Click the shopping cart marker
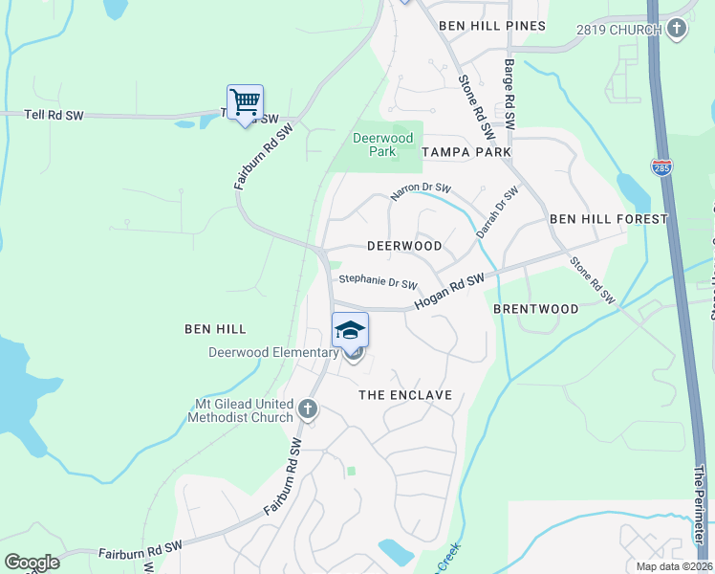[x=245, y=101]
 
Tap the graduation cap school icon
[x=350, y=330]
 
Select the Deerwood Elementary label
[x=273, y=352]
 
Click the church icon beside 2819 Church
[x=677, y=29]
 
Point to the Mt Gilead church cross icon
[x=308, y=409]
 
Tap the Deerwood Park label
[x=382, y=144]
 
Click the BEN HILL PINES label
[x=492, y=26]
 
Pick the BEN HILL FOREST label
[x=608, y=219]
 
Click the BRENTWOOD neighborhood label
[x=535, y=309]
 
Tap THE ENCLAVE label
[x=404, y=394]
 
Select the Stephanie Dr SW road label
[x=379, y=282]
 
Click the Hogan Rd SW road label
[x=449, y=291]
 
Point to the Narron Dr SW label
[x=420, y=193]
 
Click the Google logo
[x=32, y=563]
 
